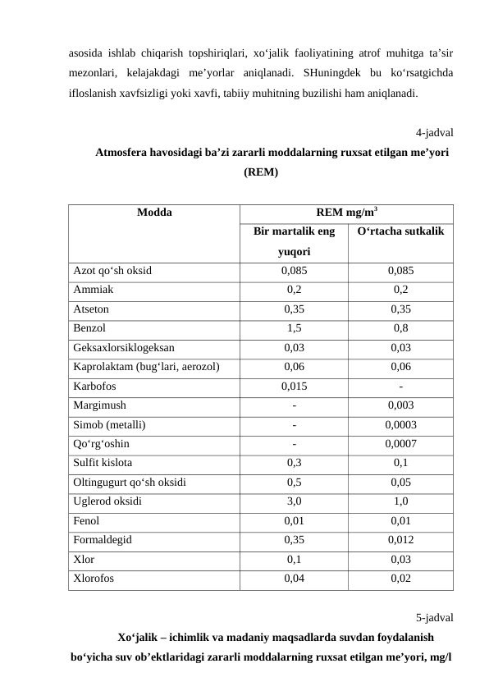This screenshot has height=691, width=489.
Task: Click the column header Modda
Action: tap(153, 211)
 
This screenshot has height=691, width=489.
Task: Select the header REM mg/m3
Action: tap(346, 211)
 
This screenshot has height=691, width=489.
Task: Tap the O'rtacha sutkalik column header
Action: tap(400, 232)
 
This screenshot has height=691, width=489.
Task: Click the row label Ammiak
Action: tap(94, 290)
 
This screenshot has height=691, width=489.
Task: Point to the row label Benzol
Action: tap(90, 328)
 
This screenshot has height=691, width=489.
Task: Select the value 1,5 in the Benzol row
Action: tap(294, 328)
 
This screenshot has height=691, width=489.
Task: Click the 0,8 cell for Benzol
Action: tap(400, 328)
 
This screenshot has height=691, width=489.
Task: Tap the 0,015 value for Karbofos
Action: tap(294, 386)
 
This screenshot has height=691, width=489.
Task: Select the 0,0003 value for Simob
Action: tap(400, 424)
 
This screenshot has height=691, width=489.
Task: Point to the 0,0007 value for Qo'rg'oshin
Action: tap(400, 443)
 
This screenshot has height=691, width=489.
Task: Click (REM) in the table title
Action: tap(261, 173)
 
